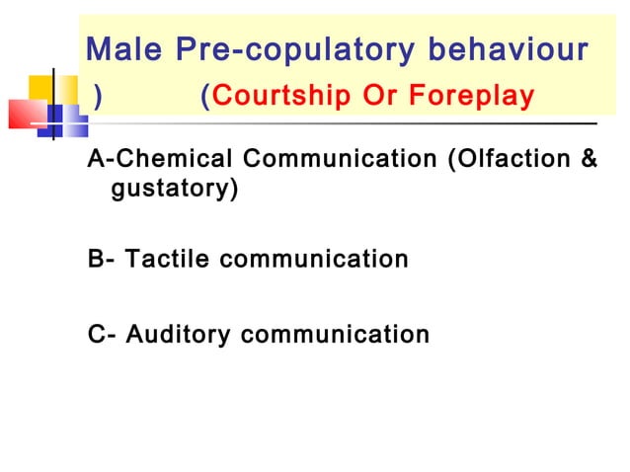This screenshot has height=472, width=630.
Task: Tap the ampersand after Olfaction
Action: (590, 159)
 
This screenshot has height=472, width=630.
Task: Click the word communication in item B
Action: (314, 261)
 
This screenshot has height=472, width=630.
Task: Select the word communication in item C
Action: (336, 335)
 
